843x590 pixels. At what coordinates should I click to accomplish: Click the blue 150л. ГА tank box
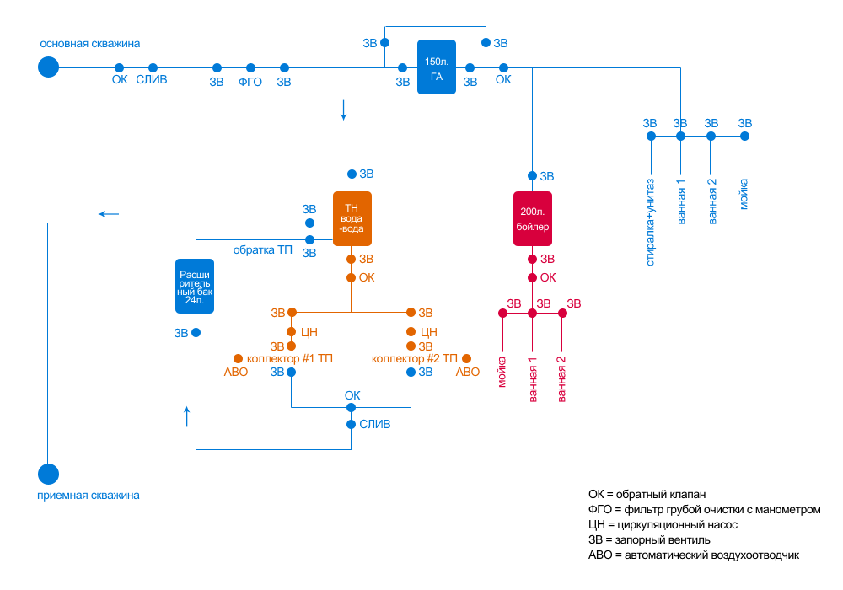tap(437, 67)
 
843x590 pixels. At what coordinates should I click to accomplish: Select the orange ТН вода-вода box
tap(352, 217)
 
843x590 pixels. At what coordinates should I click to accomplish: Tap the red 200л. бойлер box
tap(533, 218)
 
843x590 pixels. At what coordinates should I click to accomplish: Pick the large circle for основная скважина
tap(49, 67)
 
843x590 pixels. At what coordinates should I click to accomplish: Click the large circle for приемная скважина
tap(49, 475)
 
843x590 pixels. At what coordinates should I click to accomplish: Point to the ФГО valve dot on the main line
tap(250, 67)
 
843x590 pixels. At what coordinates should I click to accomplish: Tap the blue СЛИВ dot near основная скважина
tap(153, 67)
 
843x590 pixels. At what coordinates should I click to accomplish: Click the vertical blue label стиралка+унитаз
tap(650, 221)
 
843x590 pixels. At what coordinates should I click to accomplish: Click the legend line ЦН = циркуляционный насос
tap(663, 524)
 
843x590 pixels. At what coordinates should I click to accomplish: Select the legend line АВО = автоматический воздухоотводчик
tap(693, 555)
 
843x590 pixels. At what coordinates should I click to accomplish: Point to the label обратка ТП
tap(263, 249)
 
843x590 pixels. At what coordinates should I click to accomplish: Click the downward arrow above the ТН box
tap(344, 110)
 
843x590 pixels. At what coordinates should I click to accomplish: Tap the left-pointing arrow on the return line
tap(109, 214)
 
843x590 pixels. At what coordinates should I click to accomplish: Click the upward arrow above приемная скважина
tap(187, 416)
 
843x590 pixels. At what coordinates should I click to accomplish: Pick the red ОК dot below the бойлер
tap(532, 277)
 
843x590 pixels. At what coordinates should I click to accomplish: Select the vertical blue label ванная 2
tap(712, 200)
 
